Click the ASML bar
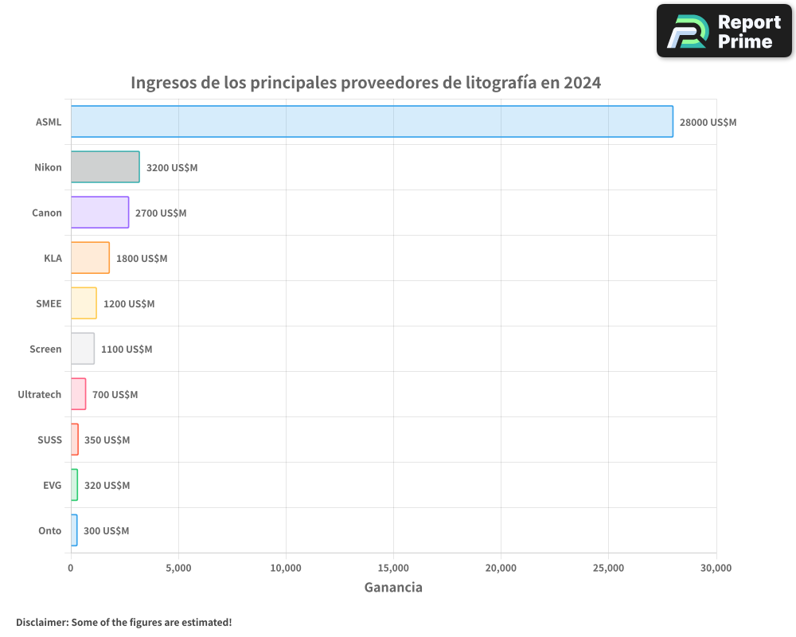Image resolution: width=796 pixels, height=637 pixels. pyautogui.click(x=372, y=122)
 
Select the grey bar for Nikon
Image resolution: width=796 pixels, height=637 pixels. pyautogui.click(x=105, y=167)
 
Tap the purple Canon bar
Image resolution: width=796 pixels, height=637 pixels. pyautogui.click(x=99, y=213)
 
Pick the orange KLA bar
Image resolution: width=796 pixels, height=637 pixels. pyautogui.click(x=90, y=258)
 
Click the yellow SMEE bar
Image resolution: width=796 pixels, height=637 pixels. pyautogui.click(x=84, y=303)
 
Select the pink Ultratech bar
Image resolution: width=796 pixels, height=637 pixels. pyautogui.click(x=78, y=394)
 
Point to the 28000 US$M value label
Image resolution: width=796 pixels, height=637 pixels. pyautogui.click(x=708, y=123)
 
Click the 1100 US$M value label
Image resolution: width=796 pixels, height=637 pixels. pyautogui.click(x=127, y=350)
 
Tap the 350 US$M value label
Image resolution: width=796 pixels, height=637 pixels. pyautogui.click(x=107, y=440)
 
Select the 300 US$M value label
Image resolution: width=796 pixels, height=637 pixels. pyautogui.click(x=106, y=531)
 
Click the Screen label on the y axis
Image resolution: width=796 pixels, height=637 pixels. pyautogui.click(x=45, y=350)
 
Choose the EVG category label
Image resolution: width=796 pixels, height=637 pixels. pyautogui.click(x=52, y=486)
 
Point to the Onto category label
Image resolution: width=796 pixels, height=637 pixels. pyautogui.click(x=49, y=531)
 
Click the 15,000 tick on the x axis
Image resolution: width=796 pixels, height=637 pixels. pyautogui.click(x=393, y=569)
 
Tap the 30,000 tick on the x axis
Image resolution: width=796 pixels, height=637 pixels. pyautogui.click(x=716, y=569)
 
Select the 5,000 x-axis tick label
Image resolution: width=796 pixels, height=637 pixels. pyautogui.click(x=178, y=569)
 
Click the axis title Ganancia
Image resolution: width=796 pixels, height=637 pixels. pyautogui.click(x=393, y=588)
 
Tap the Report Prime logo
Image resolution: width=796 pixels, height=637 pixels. pyautogui.click(x=724, y=31)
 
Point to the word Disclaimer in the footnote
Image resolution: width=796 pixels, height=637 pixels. pyautogui.click(x=41, y=622)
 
